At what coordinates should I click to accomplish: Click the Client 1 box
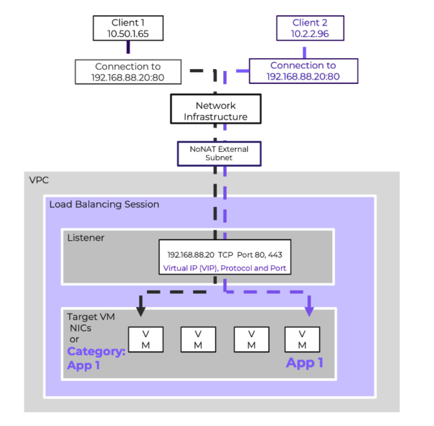click(x=128, y=28)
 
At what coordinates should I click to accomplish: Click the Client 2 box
click(x=310, y=28)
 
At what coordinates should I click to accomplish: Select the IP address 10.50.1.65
click(x=128, y=34)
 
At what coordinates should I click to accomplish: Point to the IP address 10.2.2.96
click(x=310, y=34)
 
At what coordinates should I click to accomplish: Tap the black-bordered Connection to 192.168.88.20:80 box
click(x=128, y=72)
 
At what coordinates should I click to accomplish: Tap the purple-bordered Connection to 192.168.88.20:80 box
click(x=303, y=71)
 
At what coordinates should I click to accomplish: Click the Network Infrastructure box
click(x=216, y=109)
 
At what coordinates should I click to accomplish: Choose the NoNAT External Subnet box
click(x=219, y=153)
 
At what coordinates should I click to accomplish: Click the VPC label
click(x=39, y=180)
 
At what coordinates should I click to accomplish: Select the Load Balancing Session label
click(x=104, y=204)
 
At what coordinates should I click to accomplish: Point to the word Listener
click(x=86, y=238)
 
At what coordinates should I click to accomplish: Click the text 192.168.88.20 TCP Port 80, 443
click(x=225, y=255)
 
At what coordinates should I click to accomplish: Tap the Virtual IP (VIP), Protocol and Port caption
click(x=225, y=268)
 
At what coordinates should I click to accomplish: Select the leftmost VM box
click(x=146, y=340)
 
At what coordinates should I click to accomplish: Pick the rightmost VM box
click(x=302, y=340)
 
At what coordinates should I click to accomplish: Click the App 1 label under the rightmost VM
click(x=304, y=363)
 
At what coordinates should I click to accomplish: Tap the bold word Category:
click(x=96, y=351)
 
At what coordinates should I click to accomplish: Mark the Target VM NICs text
click(x=90, y=322)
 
